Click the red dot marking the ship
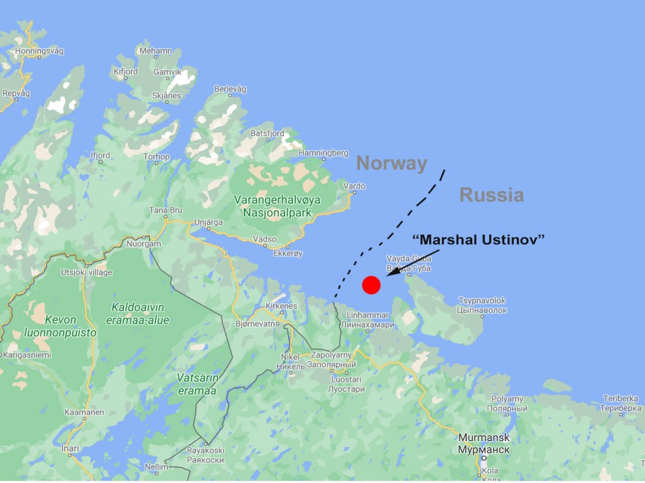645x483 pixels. [371, 285]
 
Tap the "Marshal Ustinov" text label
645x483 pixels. [479, 240]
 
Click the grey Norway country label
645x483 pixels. [392, 164]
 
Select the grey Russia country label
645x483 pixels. [491, 194]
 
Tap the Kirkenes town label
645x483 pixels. [281, 307]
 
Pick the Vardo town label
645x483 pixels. [355, 186]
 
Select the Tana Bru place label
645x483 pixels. [166, 211]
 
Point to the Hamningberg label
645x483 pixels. [323, 153]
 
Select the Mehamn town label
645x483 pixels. [155, 51]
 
